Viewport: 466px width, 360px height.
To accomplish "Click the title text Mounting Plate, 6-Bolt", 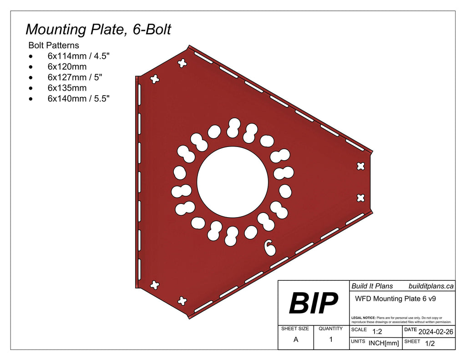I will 98,29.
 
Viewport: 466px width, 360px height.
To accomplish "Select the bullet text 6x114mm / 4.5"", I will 78,56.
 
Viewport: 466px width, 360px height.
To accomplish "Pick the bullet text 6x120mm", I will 67,67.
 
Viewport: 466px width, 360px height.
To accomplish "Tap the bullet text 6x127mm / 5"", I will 75,77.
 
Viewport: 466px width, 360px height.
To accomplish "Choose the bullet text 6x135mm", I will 67,88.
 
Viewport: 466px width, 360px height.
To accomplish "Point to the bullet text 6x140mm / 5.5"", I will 78,98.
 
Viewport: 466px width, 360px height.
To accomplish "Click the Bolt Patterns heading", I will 54,46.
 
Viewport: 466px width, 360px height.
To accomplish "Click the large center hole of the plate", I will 232,182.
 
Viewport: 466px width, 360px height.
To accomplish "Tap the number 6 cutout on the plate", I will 270,247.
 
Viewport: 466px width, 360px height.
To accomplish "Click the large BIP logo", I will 314,303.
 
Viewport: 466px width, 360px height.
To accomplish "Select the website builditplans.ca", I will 431,286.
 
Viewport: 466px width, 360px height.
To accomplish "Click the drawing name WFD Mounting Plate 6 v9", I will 395,299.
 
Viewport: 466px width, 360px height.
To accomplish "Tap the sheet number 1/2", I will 429,344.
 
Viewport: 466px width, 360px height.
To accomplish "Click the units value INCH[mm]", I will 384,343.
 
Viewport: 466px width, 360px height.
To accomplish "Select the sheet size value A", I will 296,340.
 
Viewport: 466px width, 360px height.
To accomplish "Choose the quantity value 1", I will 331,339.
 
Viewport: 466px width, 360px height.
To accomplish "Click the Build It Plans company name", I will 372,286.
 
